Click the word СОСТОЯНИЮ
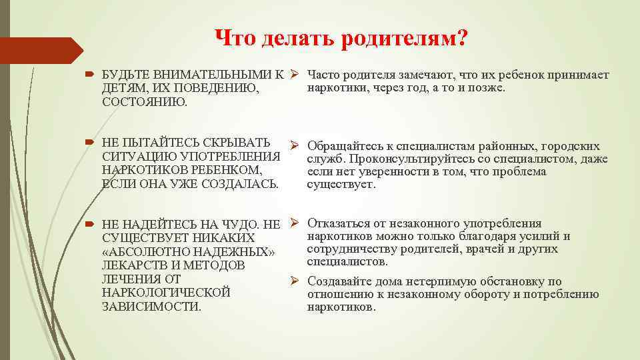(145, 102)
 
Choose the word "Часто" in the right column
(325, 75)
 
